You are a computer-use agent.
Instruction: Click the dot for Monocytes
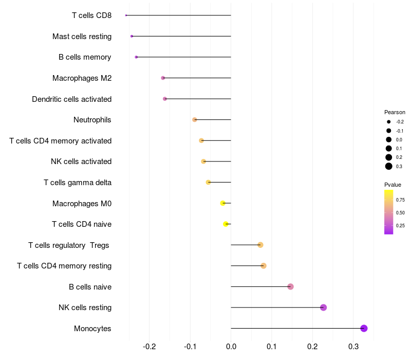click(364, 328)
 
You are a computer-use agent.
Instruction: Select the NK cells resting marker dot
click(323, 308)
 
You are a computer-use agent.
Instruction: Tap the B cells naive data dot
click(290, 286)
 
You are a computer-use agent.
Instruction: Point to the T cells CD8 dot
click(126, 15)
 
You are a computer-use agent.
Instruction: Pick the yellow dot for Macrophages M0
click(222, 203)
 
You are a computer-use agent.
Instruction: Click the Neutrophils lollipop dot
click(194, 120)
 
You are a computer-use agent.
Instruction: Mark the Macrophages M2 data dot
click(163, 78)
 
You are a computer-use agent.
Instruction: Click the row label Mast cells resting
click(82, 37)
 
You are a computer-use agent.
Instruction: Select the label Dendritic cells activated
click(71, 99)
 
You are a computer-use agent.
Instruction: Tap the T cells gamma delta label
click(77, 182)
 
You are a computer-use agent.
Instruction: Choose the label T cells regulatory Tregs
click(69, 245)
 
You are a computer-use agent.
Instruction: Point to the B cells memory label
click(85, 57)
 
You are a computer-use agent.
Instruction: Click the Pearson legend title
click(395, 112)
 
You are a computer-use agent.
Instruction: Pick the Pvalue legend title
click(393, 185)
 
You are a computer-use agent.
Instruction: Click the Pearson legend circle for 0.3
click(389, 166)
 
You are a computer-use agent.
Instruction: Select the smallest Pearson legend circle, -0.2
click(389, 122)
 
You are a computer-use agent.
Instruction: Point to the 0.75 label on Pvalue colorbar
click(400, 200)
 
